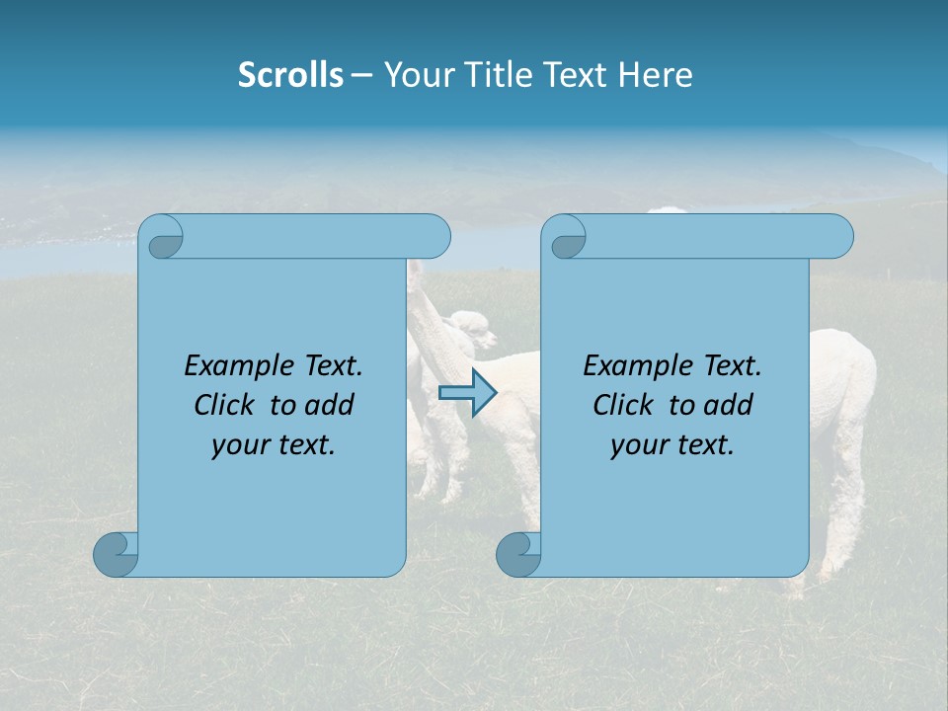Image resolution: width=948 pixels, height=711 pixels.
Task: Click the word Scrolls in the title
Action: point(290,75)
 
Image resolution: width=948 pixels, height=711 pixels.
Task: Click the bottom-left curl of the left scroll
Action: point(116,555)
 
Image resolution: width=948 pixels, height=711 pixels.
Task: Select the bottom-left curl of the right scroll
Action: point(518,555)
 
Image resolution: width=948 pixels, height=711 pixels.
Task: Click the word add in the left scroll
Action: point(331,406)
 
